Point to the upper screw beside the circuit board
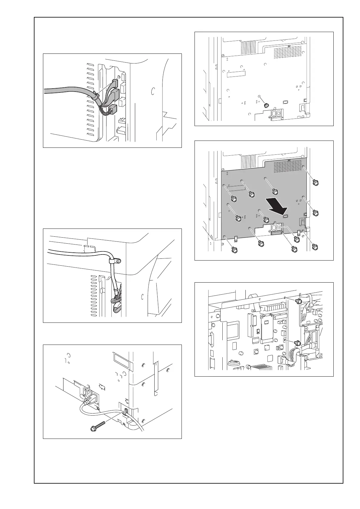pyautogui.click(x=298, y=301)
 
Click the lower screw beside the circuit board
pyautogui.click(x=297, y=343)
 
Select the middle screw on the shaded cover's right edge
pyautogui.click(x=316, y=213)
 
